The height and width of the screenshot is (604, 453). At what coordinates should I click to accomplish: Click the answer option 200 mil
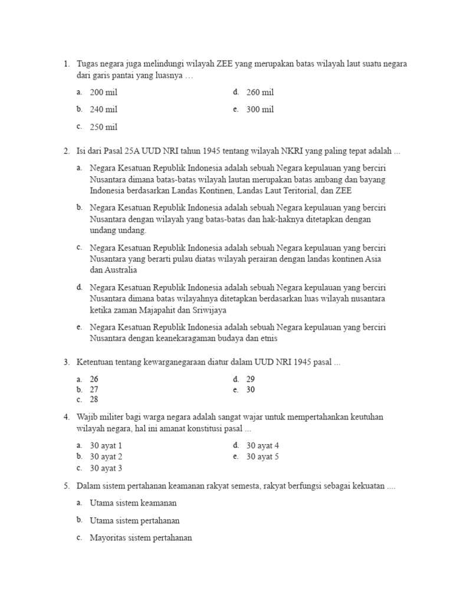pyautogui.click(x=104, y=93)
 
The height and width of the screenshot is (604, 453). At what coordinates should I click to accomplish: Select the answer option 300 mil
pyautogui.click(x=260, y=109)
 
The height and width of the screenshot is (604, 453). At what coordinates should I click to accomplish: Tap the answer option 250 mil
pyautogui.click(x=104, y=127)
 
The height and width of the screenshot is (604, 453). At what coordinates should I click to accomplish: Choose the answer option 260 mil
pyautogui.click(x=260, y=93)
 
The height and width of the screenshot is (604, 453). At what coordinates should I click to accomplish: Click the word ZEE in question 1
pyautogui.click(x=223, y=64)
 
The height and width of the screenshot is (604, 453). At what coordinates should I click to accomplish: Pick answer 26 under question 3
pyautogui.click(x=94, y=379)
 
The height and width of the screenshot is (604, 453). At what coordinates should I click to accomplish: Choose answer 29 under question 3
pyautogui.click(x=251, y=379)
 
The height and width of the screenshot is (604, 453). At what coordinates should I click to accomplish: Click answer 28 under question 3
pyautogui.click(x=94, y=399)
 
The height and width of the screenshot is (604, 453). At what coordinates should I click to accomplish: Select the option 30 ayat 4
pyautogui.click(x=262, y=446)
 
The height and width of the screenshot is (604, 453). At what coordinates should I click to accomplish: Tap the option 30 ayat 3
pyautogui.click(x=106, y=468)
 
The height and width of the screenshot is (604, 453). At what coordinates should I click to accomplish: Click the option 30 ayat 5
pyautogui.click(x=262, y=457)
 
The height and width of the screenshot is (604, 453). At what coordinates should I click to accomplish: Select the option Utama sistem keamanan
pyautogui.click(x=133, y=503)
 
